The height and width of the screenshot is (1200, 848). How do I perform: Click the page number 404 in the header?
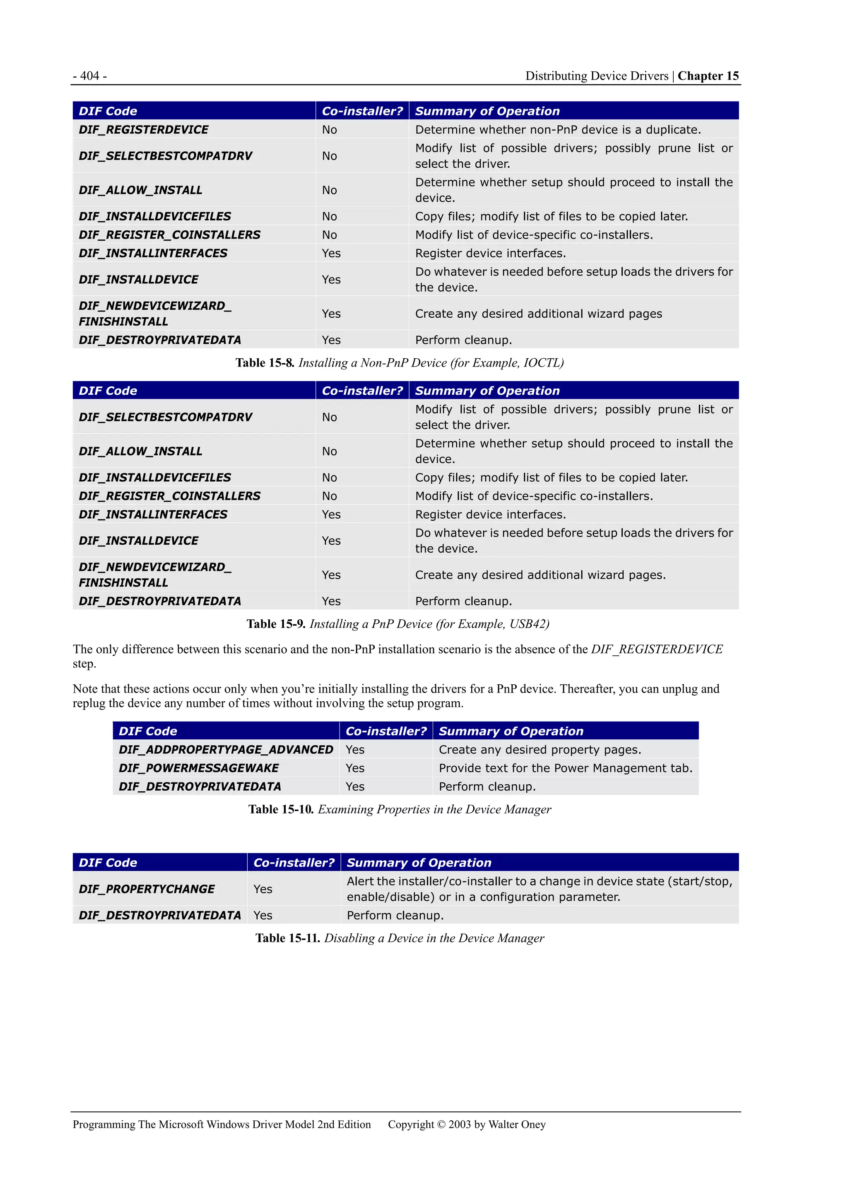(x=90, y=76)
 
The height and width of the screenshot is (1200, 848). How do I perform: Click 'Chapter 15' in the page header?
(x=708, y=76)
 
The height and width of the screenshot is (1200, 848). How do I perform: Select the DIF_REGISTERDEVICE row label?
(x=144, y=130)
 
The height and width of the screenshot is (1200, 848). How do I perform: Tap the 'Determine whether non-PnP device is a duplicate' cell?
(x=557, y=130)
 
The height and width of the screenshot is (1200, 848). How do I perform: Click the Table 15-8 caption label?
(x=265, y=363)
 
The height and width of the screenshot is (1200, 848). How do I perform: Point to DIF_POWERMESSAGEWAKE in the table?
(x=199, y=768)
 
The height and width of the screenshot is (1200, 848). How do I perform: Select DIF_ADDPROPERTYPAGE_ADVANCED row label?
(x=226, y=749)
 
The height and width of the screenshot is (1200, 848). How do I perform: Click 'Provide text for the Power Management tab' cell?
(x=565, y=768)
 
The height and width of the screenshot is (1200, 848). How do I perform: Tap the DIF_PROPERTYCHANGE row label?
(x=147, y=889)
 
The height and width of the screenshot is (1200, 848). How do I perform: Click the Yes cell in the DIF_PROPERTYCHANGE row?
(x=263, y=889)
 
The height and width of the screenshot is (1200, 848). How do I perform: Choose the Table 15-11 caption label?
(x=287, y=938)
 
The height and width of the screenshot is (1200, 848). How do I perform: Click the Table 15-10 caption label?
(x=281, y=809)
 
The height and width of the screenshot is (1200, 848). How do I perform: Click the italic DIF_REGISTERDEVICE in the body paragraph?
(x=657, y=649)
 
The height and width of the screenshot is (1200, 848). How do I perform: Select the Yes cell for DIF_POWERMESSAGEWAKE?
(x=355, y=768)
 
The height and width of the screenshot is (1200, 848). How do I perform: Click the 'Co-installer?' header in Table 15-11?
(x=294, y=862)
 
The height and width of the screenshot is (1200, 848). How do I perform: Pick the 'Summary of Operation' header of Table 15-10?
(x=511, y=731)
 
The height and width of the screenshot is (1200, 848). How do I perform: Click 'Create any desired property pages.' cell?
(x=540, y=749)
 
